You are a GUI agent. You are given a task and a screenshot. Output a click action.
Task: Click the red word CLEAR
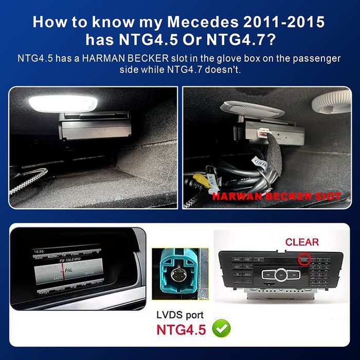(302, 242)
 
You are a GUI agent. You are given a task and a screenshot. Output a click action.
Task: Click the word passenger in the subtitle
(315, 58)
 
